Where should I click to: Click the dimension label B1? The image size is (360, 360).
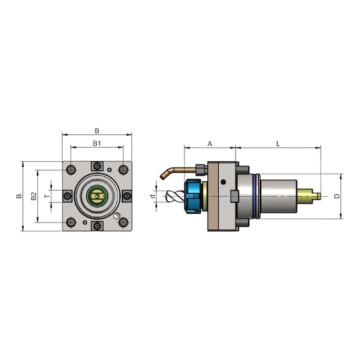pyautogui.click(x=97, y=143)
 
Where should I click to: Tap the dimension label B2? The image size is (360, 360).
pyautogui.click(x=34, y=196)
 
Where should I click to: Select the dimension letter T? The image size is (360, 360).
pyautogui.click(x=47, y=196)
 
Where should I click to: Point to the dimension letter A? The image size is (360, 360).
pyautogui.click(x=209, y=144)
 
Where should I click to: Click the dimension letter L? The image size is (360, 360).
pyautogui.click(x=278, y=144)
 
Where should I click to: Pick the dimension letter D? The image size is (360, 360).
pyautogui.click(x=337, y=196)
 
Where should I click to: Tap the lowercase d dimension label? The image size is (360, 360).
pyautogui.click(x=152, y=196)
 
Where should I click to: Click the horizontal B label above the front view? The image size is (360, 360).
pyautogui.click(x=97, y=131)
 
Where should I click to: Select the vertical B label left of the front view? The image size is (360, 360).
pyautogui.click(x=19, y=196)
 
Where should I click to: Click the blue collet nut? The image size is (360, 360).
pyautogui.click(x=193, y=196)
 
